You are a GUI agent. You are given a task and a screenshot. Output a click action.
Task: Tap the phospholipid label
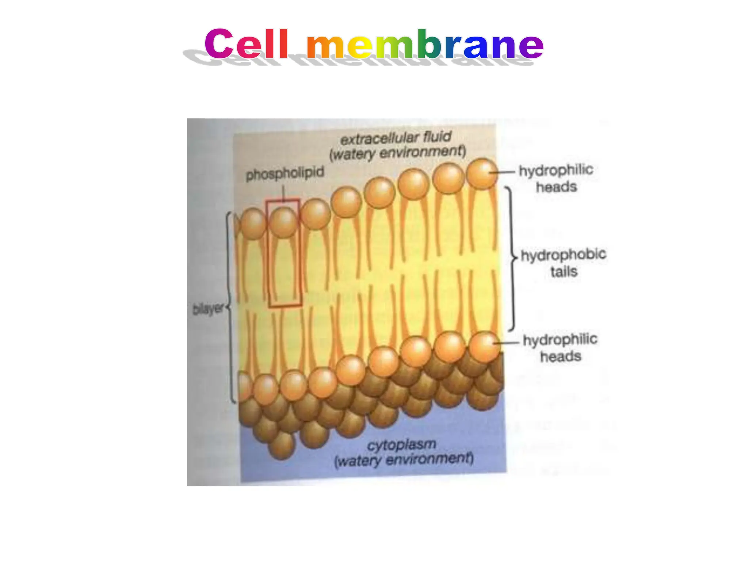[285, 173]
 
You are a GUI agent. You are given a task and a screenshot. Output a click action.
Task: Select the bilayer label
[207, 309]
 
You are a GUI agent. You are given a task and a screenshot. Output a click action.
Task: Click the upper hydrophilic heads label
[556, 178]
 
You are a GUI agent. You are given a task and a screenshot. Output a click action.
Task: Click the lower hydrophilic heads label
[560, 348]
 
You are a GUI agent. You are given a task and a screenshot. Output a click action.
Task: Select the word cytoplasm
[401, 445]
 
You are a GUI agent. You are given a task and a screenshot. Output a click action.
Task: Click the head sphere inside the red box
[283, 222]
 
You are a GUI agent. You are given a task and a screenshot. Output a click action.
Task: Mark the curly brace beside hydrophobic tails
[512, 259]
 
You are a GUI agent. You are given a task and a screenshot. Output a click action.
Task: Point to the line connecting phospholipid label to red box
[284, 192]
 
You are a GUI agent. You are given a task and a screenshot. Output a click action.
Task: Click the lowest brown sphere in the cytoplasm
[281, 446]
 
